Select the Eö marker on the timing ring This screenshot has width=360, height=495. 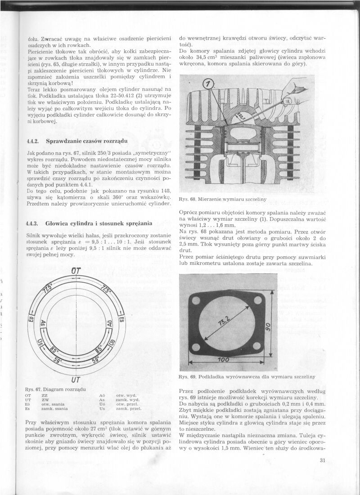(x=31, y=320)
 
